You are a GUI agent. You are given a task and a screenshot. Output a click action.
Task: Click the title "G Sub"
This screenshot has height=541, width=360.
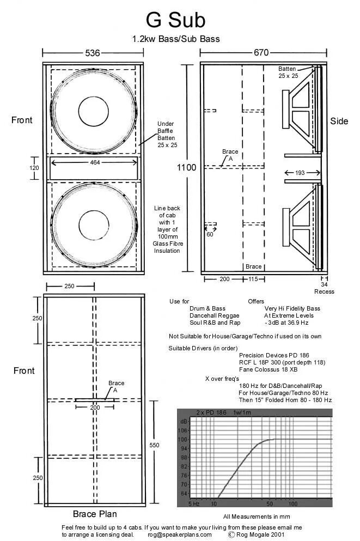coord(175,20)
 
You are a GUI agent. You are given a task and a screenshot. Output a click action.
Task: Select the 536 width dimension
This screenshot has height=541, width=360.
coord(93,53)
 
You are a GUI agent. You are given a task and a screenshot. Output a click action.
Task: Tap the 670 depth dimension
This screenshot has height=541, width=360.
coord(261,53)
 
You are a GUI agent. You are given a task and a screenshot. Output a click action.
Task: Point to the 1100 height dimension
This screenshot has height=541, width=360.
coord(186,168)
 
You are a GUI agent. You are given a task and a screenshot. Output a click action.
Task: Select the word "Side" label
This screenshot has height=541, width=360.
coord(339,121)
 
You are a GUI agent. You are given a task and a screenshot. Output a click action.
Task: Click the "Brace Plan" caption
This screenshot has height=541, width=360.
coord(95,514)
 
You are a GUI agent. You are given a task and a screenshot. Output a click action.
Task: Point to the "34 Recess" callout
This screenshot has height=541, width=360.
coord(324,288)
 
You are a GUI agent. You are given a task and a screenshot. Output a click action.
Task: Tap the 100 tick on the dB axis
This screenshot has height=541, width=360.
coord(184,439)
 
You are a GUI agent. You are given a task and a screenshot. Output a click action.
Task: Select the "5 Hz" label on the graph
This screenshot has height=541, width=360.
coord(193,503)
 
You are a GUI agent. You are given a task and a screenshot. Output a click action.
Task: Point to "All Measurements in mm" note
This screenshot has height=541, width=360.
coord(254,516)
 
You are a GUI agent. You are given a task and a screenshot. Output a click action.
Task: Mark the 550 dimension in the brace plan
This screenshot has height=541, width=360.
coord(154,445)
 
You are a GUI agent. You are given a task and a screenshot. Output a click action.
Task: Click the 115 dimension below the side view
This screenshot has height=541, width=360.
coord(253,279)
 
